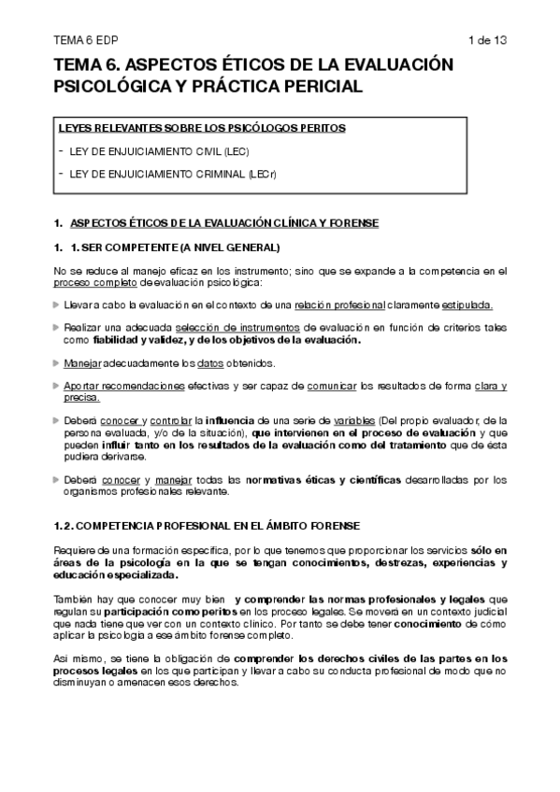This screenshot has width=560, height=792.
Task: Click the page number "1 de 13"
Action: [487, 39]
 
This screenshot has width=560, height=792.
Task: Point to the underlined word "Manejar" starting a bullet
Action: [83, 362]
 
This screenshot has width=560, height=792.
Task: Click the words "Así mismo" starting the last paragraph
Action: [76, 658]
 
